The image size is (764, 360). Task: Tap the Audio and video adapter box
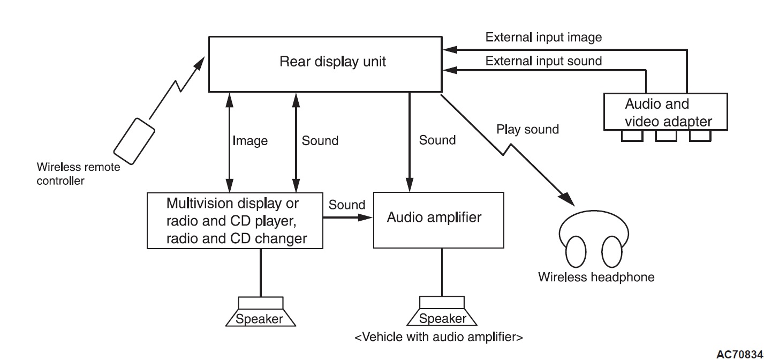point(665,112)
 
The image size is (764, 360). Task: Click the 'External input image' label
point(543,37)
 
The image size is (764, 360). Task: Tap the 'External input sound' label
point(543,61)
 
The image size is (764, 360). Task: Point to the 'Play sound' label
point(527,129)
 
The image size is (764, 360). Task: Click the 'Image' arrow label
point(250,141)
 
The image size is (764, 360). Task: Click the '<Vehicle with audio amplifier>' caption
point(438,337)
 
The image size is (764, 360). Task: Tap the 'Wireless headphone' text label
point(596,277)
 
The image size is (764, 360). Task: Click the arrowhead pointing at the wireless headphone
point(569,201)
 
